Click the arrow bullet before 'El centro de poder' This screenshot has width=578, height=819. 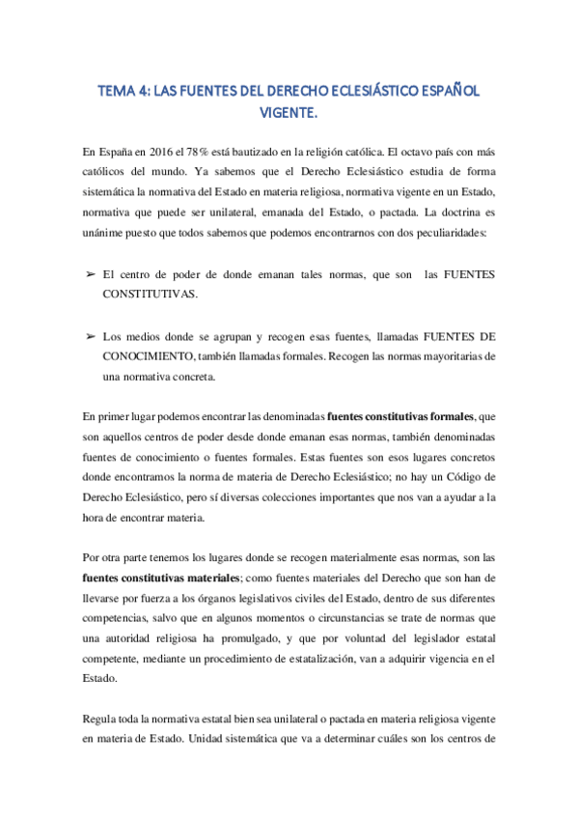[x=90, y=275]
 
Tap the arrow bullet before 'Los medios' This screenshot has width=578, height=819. [x=90, y=336]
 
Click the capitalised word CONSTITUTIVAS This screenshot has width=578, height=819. [x=151, y=293]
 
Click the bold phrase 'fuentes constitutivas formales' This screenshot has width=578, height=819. [x=400, y=416]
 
